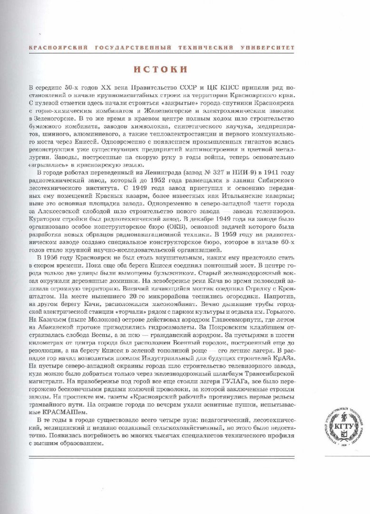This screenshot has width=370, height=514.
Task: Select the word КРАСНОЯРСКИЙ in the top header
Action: coord(53,48)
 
